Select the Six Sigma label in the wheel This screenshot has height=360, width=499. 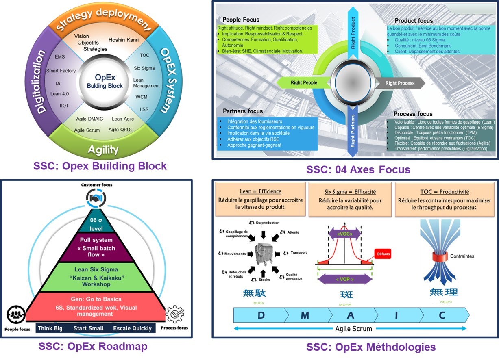[144, 68]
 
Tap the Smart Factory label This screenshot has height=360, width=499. [61, 71]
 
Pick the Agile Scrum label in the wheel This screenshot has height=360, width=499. [87, 130]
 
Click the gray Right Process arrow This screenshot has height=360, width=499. [399, 83]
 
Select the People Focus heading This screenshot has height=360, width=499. [241, 20]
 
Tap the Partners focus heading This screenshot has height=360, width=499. [243, 111]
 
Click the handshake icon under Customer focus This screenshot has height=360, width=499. [96, 198]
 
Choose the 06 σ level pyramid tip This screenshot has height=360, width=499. [96, 224]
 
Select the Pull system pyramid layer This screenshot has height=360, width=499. [96, 247]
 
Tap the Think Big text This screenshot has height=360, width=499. [50, 328]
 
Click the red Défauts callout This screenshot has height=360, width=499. [384, 254]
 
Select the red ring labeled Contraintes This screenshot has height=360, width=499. [439, 256]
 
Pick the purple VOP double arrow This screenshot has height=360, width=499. [344, 280]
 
